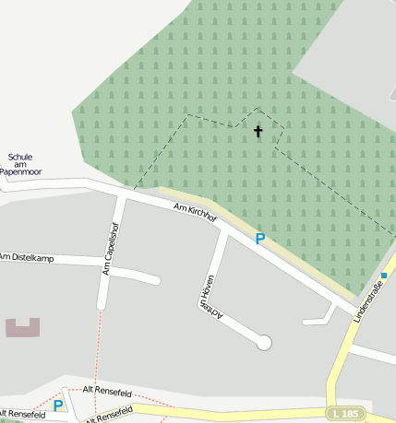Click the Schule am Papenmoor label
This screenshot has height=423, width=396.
click(20, 164)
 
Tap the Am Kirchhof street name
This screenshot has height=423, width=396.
click(195, 212)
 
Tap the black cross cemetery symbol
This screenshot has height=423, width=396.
click(258, 132)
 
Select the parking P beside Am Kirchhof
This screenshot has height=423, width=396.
click(260, 239)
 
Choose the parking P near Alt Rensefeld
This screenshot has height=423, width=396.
click(58, 405)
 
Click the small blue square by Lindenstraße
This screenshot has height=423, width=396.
click(384, 275)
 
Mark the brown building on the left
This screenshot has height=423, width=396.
click(23, 327)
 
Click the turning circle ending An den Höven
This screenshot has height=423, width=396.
click(264, 342)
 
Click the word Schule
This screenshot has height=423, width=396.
click(20, 156)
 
